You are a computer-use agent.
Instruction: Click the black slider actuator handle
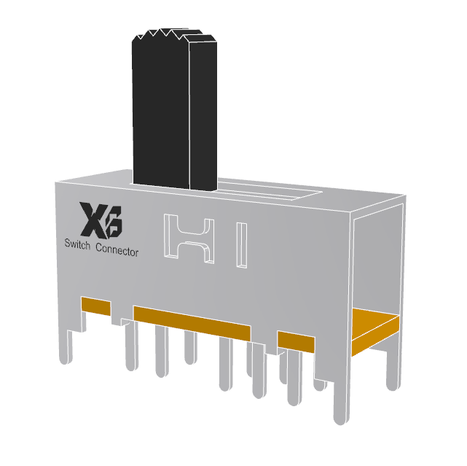tap(160, 109)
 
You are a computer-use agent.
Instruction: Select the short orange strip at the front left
tap(95, 305)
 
